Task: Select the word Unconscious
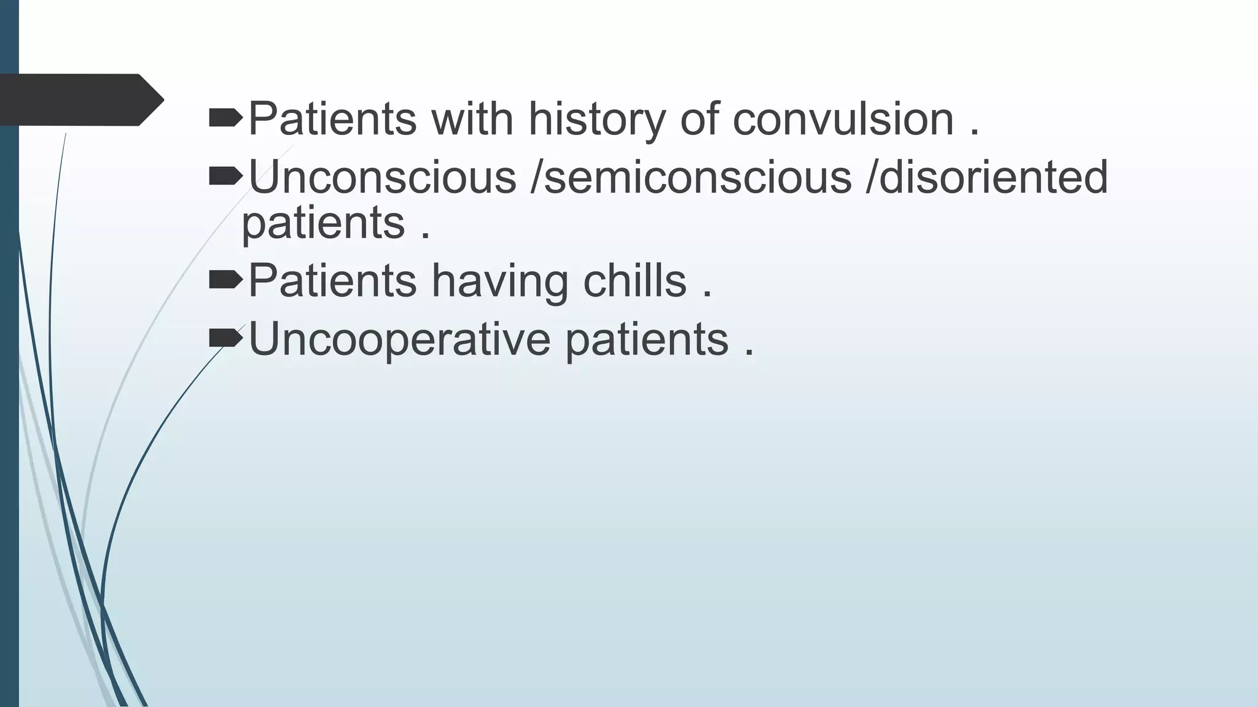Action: coord(382,177)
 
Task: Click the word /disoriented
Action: coord(986,177)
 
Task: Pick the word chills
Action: coord(635,280)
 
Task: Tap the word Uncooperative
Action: coord(399,339)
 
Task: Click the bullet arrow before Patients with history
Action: coord(225,118)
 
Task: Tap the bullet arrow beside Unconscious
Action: coord(225,177)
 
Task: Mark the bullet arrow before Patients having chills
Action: coord(225,280)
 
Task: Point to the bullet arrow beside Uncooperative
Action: coord(225,338)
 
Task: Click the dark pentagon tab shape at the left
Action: coord(80,99)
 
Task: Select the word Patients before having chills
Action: coord(332,280)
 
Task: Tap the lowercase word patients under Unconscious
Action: coord(323,222)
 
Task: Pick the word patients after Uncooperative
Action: coord(647,339)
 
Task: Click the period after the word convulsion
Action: coord(974,133)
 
